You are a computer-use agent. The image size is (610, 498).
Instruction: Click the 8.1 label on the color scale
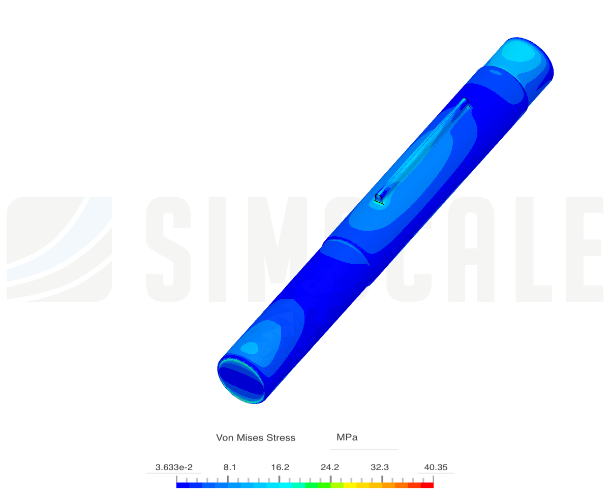[229, 467]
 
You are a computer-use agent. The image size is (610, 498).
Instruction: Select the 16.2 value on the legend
[280, 467]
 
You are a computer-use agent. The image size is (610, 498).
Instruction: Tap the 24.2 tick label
[329, 467]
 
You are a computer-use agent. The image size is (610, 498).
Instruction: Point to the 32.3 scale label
[379, 467]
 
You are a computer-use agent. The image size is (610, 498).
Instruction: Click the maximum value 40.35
[435, 467]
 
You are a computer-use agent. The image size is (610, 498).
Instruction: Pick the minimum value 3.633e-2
[174, 467]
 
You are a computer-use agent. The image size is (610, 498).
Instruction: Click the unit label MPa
[347, 437]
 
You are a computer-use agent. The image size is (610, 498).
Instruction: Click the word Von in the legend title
[225, 438]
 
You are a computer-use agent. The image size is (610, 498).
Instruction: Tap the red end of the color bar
[427, 485]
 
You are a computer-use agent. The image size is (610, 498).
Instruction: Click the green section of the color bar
[318, 485]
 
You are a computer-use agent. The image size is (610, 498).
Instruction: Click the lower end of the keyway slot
[379, 199]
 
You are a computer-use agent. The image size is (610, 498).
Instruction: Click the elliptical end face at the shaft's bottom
[241, 381]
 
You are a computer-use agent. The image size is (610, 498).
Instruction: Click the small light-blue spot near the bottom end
[250, 348]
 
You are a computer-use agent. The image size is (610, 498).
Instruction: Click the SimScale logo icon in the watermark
[59, 249]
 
